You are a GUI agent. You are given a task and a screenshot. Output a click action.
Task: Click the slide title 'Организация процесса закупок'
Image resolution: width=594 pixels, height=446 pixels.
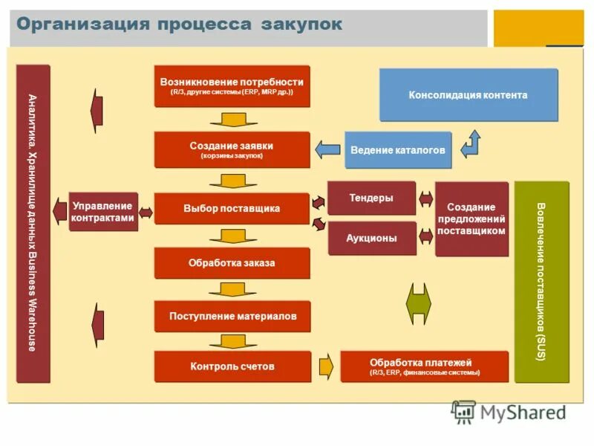[180, 25]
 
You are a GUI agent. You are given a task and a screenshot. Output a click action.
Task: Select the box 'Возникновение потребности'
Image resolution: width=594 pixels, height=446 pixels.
[232, 86]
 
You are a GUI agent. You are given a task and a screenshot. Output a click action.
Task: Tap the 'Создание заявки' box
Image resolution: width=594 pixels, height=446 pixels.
[232, 149]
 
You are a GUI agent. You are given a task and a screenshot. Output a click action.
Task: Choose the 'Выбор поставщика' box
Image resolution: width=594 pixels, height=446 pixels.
[232, 209]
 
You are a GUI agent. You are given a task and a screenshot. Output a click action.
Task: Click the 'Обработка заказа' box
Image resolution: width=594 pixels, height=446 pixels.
[232, 263]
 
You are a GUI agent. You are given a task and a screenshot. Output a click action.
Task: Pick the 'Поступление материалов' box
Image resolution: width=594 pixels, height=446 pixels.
[232, 316]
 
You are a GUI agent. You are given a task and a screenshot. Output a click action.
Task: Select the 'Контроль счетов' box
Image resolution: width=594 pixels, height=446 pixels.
[232, 366]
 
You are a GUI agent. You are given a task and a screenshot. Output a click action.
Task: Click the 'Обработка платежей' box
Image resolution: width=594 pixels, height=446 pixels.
[424, 366]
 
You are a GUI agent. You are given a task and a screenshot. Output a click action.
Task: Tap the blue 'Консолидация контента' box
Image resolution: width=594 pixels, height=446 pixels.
[468, 95]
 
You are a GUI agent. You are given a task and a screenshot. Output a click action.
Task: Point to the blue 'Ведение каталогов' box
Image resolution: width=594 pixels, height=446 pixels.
[397, 150]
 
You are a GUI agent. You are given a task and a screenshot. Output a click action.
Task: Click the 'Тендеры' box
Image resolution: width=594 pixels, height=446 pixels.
[371, 198]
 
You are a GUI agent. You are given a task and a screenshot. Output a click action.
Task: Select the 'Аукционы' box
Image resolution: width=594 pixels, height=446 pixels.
[371, 239]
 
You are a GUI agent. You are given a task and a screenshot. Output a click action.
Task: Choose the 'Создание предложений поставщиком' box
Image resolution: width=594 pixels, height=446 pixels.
[471, 219]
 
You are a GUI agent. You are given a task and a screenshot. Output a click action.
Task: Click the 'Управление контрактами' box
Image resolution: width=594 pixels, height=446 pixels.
[103, 212]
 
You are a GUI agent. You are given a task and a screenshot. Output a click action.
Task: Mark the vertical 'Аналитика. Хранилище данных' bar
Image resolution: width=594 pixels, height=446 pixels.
[33, 223]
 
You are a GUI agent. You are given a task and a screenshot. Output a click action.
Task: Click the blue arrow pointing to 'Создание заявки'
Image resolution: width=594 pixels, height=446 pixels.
[327, 149]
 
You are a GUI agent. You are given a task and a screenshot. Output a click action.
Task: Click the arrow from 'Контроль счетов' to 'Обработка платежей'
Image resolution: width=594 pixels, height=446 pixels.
[326, 366]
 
